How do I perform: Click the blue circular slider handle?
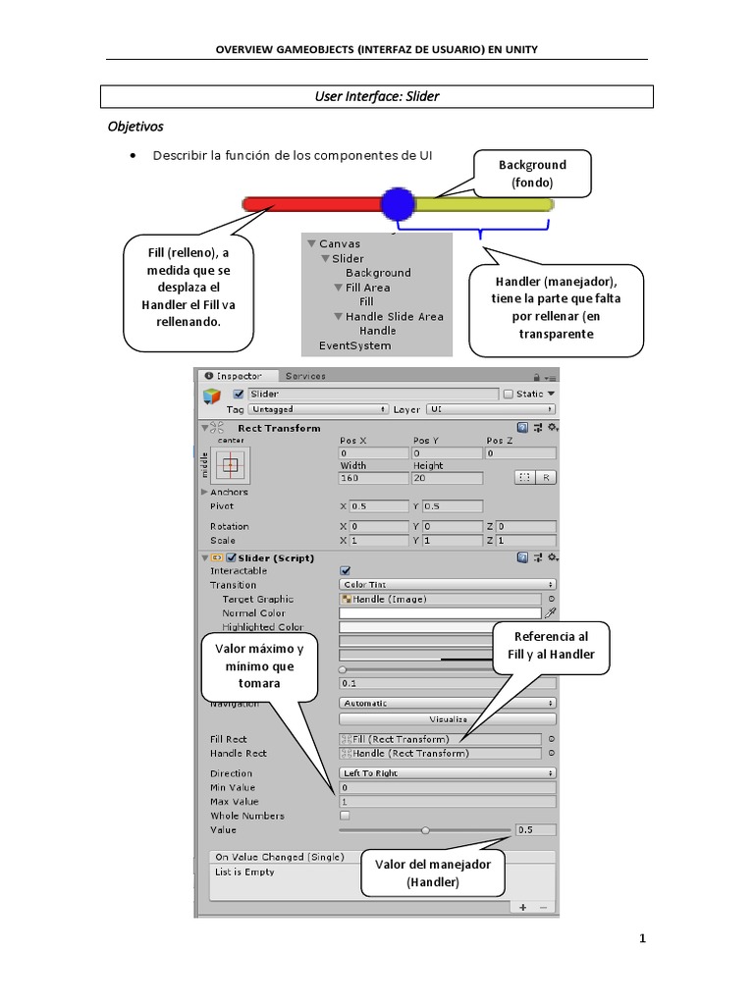(398, 204)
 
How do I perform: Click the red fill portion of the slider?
(311, 204)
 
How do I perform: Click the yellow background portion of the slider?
(483, 204)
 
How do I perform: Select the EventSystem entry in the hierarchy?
(354, 345)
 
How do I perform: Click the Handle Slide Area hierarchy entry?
(394, 316)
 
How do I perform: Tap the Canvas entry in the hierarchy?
(339, 243)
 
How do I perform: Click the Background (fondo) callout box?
(532, 173)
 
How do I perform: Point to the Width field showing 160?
(373, 478)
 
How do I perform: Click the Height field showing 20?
(447, 478)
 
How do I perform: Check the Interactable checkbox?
(346, 570)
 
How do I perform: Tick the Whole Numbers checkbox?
(345, 816)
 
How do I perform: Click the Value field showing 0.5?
(535, 829)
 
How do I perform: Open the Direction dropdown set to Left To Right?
(448, 773)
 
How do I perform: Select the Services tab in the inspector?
(305, 376)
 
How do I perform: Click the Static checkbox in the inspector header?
(508, 394)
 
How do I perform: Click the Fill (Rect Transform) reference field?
(440, 739)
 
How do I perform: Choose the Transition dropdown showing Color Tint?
(448, 585)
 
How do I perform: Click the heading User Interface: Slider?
(378, 96)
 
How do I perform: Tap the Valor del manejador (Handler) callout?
(433, 873)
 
